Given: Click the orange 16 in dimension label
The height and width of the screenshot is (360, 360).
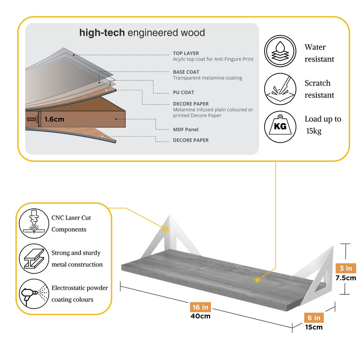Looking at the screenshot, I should click(200, 307).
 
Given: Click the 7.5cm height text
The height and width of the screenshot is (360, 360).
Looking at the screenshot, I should click(346, 278).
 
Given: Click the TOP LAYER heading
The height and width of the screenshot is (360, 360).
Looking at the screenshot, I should click(186, 53).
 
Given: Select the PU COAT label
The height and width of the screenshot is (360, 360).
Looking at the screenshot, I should click(184, 92).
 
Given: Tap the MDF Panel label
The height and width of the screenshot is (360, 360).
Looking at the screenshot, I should click(185, 130).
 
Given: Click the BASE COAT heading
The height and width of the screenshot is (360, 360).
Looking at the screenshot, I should click(186, 72).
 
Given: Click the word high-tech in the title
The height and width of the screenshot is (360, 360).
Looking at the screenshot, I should click(102, 33).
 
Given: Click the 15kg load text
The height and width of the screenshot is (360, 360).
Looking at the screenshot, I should click(315, 131).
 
